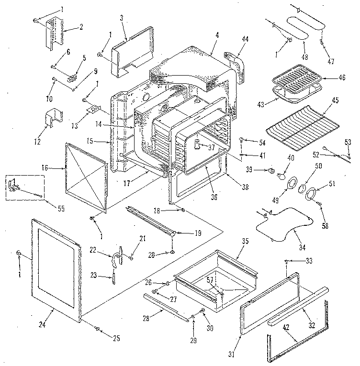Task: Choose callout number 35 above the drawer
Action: (245, 241)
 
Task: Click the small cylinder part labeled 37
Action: (196, 145)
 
